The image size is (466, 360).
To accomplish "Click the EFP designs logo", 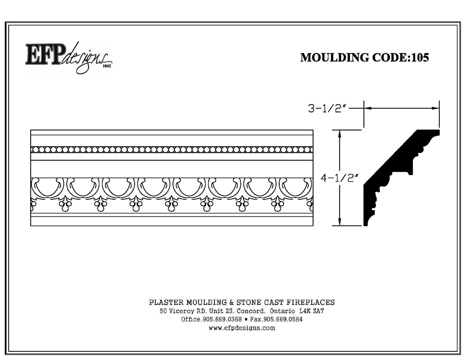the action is point(69,58).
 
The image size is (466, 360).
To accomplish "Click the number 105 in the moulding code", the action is point(419,57).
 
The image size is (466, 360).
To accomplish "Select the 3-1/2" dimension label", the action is point(327,109).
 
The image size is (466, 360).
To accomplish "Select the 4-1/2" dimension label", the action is point(340,178).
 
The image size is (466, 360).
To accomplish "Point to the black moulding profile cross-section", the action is point(402,177).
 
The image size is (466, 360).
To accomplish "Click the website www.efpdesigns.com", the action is point(241,328).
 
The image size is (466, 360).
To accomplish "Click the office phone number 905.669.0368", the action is point(222,319).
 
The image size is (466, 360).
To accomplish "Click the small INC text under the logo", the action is point(107,66).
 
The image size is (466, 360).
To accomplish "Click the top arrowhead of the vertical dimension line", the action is point(340,133).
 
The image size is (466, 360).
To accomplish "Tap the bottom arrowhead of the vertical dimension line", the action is point(340,222).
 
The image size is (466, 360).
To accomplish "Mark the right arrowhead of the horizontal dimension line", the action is point(436,109).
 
